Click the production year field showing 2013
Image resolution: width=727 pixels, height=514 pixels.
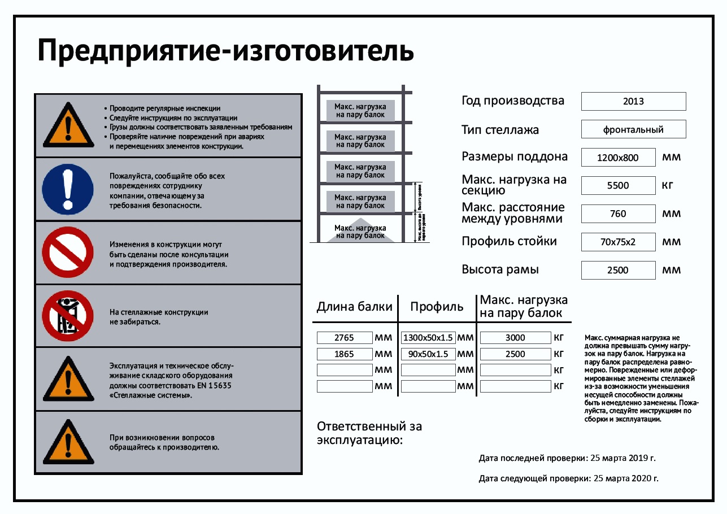[x=633, y=102]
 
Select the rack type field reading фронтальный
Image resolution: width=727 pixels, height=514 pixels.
[x=633, y=129]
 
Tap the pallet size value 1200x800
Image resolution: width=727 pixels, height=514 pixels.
[x=618, y=158]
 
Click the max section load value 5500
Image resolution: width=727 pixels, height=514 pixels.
[x=618, y=185]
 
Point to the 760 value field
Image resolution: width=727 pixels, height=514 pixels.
[x=618, y=214]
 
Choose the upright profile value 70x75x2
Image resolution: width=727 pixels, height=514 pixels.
[x=618, y=242]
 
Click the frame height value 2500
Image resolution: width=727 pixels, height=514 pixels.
[x=618, y=270]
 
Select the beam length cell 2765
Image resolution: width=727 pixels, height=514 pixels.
[x=345, y=338]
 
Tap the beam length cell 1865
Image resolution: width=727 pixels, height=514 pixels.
[x=345, y=354]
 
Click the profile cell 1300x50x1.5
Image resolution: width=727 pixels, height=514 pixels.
[x=428, y=338]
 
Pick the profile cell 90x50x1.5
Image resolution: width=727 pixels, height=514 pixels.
[x=428, y=354]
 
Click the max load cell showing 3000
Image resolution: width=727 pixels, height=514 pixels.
[x=515, y=338]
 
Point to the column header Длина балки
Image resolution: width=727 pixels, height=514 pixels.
[x=354, y=307]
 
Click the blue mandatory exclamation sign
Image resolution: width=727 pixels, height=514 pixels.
[x=68, y=189]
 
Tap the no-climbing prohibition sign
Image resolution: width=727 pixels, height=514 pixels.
[x=68, y=316]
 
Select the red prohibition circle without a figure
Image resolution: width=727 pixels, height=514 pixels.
[x=68, y=252]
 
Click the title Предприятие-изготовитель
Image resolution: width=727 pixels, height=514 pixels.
[x=225, y=51]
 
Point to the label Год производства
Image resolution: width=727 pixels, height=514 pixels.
[x=513, y=101]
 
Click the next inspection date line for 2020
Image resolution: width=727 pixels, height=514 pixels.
[x=568, y=478]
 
